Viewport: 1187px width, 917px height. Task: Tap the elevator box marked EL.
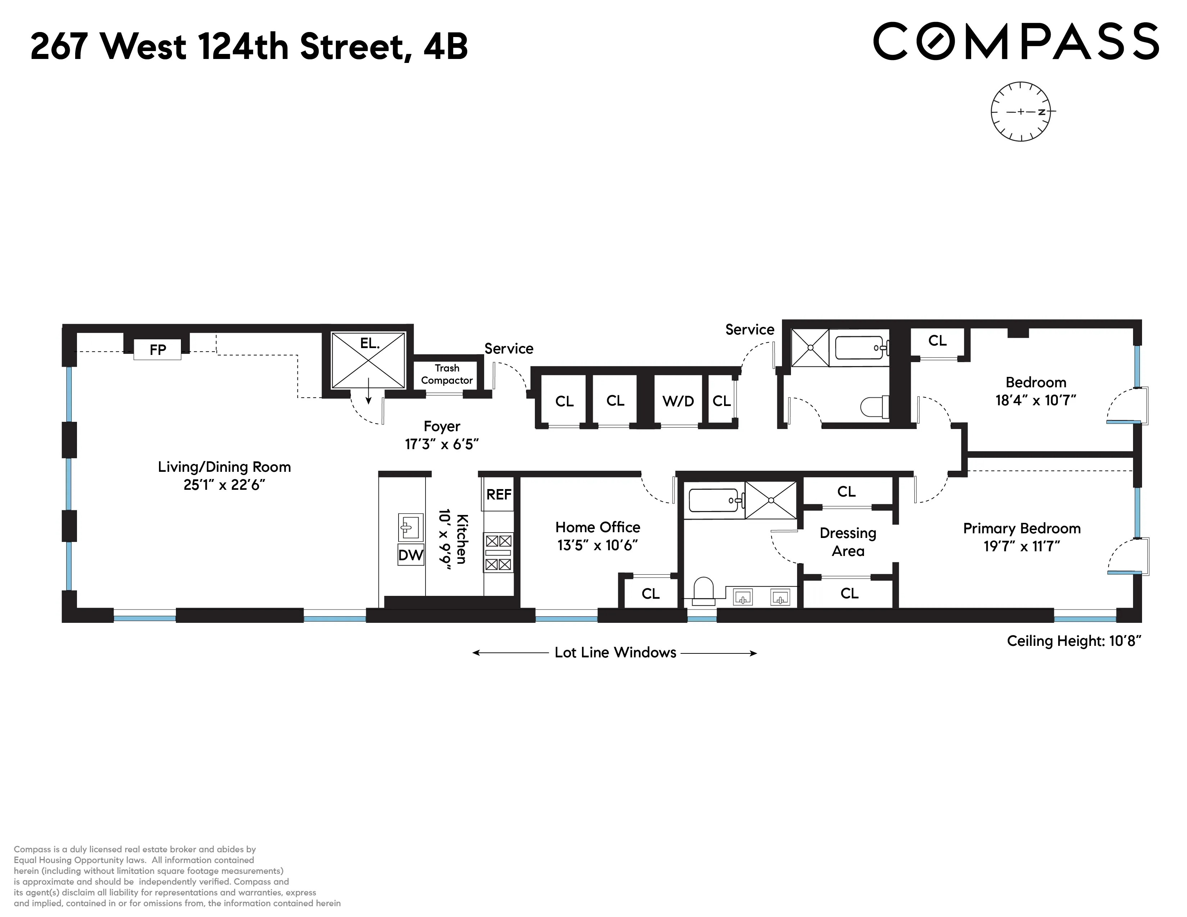coord(368,360)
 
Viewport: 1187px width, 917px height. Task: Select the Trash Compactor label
coord(447,374)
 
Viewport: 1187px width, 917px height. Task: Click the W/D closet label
coord(678,401)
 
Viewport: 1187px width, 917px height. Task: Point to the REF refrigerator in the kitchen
coord(499,494)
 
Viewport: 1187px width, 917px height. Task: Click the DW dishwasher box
coord(410,555)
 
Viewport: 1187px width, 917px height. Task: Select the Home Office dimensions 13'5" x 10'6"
coord(597,546)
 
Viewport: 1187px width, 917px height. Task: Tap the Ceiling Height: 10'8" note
coord(1073,641)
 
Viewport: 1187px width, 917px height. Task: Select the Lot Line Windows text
coord(615,652)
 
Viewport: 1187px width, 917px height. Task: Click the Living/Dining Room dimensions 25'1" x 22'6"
coord(224,485)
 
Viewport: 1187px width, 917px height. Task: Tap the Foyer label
coord(442,426)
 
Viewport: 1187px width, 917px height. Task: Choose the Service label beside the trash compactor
coord(509,349)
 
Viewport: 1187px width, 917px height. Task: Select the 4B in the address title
coord(446,47)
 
